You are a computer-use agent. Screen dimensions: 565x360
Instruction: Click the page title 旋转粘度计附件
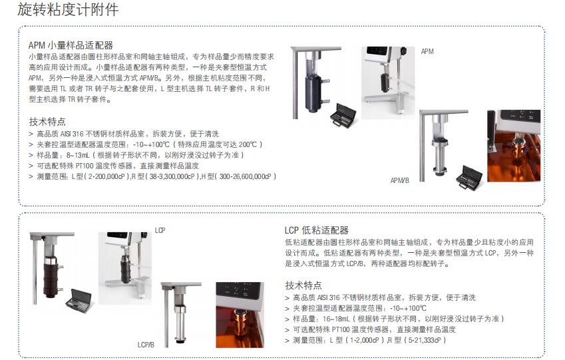click(68, 9)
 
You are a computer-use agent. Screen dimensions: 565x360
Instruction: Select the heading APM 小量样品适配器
click(71, 45)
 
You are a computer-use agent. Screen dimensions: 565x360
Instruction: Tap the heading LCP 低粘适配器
click(317, 230)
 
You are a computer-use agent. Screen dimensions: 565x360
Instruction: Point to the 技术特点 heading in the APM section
click(47, 121)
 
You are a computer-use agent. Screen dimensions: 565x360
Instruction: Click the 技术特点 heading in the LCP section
click(303, 285)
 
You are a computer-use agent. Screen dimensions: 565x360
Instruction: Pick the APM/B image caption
click(399, 180)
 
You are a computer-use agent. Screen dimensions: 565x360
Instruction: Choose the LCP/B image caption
click(146, 345)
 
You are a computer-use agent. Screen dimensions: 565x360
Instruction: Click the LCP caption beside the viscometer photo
click(160, 230)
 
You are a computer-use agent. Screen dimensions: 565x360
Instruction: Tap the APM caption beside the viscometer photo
click(427, 51)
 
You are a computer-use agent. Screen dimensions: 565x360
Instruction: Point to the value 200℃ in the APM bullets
click(248, 144)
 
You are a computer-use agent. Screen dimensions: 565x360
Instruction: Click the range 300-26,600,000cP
click(245, 176)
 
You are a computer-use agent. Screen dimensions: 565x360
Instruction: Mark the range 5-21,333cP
click(425, 340)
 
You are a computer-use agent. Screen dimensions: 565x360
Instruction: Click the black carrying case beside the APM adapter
click(343, 115)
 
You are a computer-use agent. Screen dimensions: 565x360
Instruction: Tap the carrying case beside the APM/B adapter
click(469, 176)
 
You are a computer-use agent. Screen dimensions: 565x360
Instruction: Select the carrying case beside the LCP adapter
click(79, 298)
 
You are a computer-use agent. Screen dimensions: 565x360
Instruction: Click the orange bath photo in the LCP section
click(240, 315)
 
